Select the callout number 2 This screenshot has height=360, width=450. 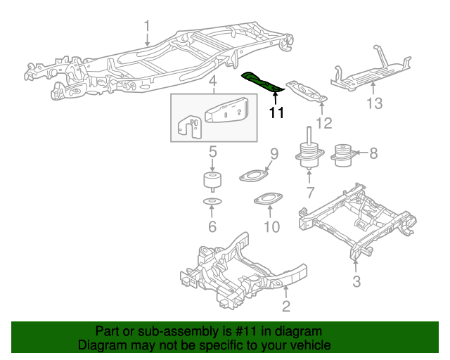[285, 305]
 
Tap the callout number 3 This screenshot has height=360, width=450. [356, 283]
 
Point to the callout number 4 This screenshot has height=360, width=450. [212, 84]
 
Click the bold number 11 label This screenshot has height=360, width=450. [276, 112]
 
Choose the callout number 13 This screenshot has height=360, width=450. [374, 104]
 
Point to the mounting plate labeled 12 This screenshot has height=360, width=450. [307, 94]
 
